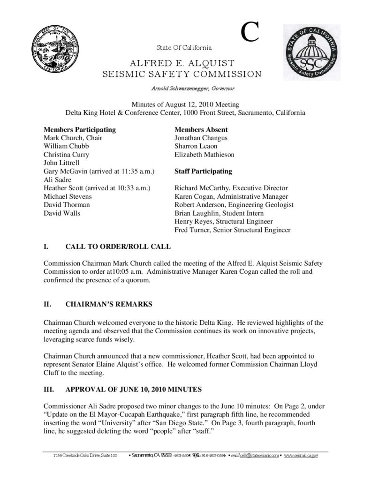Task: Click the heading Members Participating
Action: [x=79, y=129]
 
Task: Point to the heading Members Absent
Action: [x=201, y=129]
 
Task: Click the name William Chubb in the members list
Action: [x=64, y=146]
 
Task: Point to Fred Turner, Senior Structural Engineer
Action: [x=232, y=230]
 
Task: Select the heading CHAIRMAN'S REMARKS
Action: [x=109, y=305]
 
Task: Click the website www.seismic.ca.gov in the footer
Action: [x=301, y=455]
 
